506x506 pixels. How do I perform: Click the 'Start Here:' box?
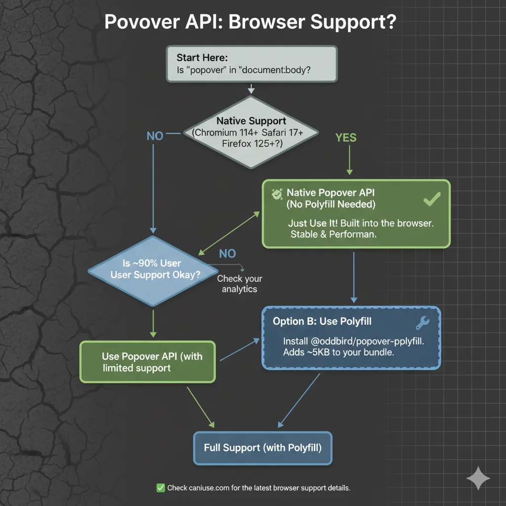click(x=251, y=64)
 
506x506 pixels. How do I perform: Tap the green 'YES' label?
click(x=345, y=137)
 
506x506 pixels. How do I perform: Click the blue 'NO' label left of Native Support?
click(x=155, y=135)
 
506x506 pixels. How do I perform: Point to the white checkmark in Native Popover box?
click(x=432, y=200)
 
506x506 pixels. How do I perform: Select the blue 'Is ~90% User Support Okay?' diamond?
click(x=154, y=270)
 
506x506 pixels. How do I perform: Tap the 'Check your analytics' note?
click(x=239, y=284)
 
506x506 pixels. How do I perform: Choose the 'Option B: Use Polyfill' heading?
click(x=322, y=322)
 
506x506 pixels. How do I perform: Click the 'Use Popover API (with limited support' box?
click(x=148, y=362)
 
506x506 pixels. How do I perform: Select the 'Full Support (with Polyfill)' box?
click(x=262, y=448)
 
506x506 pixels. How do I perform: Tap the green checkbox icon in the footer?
click(x=161, y=488)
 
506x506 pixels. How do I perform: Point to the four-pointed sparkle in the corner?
click(x=478, y=477)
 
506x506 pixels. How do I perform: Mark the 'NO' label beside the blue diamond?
click(x=227, y=253)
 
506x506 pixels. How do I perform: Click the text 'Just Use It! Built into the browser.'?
click(x=360, y=223)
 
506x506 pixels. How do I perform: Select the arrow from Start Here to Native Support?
click(x=251, y=88)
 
